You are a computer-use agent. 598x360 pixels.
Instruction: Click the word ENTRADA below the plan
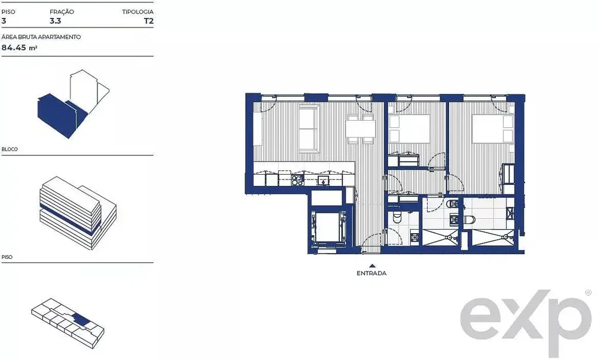[371, 273]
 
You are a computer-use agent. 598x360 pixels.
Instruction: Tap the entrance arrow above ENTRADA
[372, 266]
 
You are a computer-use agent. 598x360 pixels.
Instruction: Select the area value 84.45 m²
[20, 48]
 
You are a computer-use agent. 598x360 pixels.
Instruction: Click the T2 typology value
[149, 21]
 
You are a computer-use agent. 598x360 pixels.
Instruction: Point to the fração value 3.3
[55, 21]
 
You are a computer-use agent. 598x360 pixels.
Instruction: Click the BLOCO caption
[10, 149]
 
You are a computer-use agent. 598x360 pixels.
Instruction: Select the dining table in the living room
[361, 129]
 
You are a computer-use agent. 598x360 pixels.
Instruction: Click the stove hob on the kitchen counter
[297, 180]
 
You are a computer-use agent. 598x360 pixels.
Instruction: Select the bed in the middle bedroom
[409, 129]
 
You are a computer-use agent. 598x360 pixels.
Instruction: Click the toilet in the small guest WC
[398, 217]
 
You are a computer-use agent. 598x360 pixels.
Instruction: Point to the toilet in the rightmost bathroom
[469, 219]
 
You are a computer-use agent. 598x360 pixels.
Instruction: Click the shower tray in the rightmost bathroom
[493, 237]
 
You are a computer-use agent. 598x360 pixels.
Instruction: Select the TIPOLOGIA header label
[138, 12]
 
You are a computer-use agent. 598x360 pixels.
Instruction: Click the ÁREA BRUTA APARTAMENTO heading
[41, 37]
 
